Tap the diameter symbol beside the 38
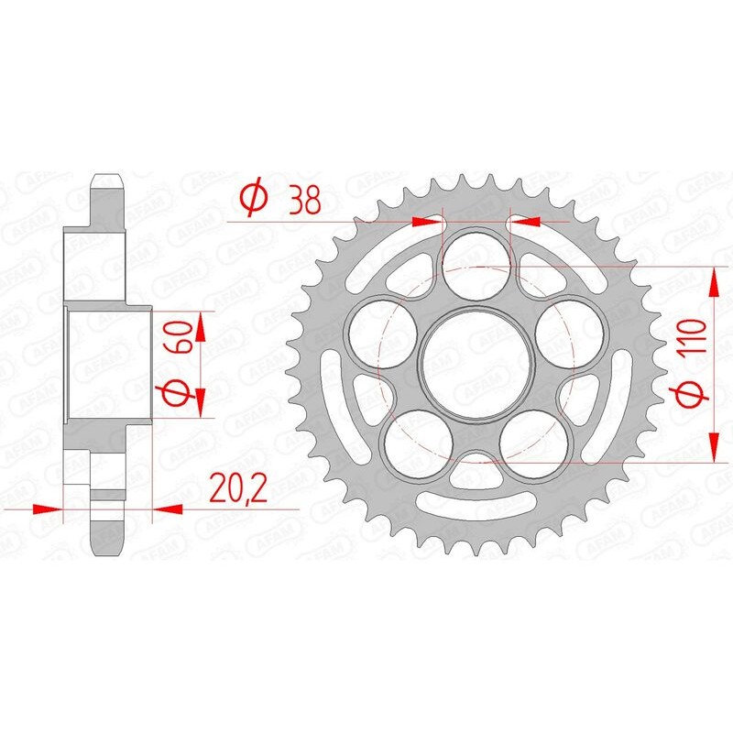(x=254, y=197)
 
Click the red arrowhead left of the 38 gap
(x=428, y=221)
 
